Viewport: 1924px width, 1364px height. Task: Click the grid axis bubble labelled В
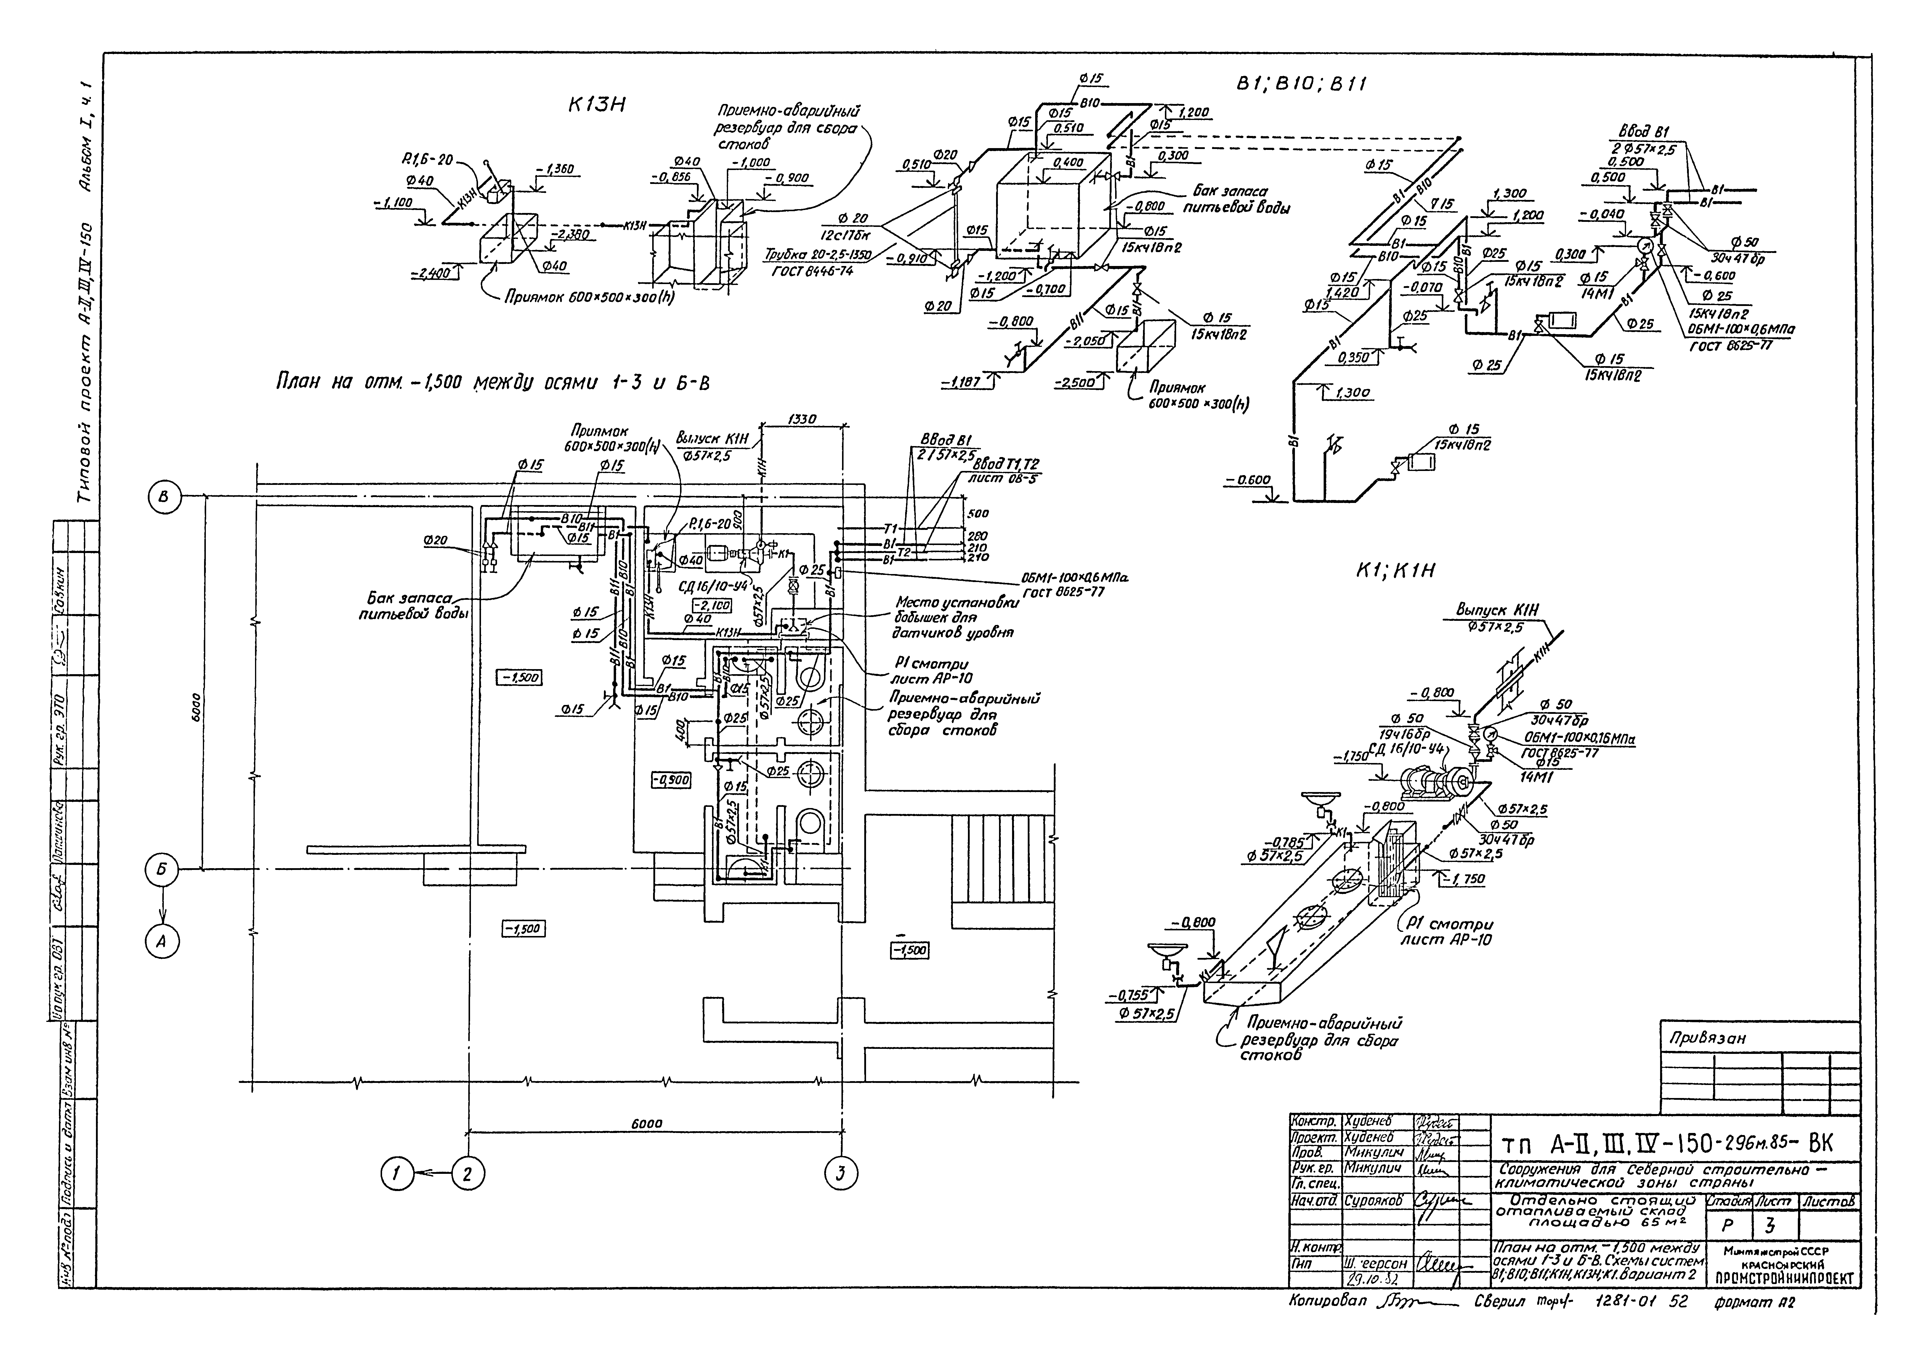point(164,497)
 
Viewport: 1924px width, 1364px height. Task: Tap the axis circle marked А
point(164,942)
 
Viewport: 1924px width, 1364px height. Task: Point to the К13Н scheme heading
point(599,106)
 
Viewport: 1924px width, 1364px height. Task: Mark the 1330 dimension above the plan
point(802,420)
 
